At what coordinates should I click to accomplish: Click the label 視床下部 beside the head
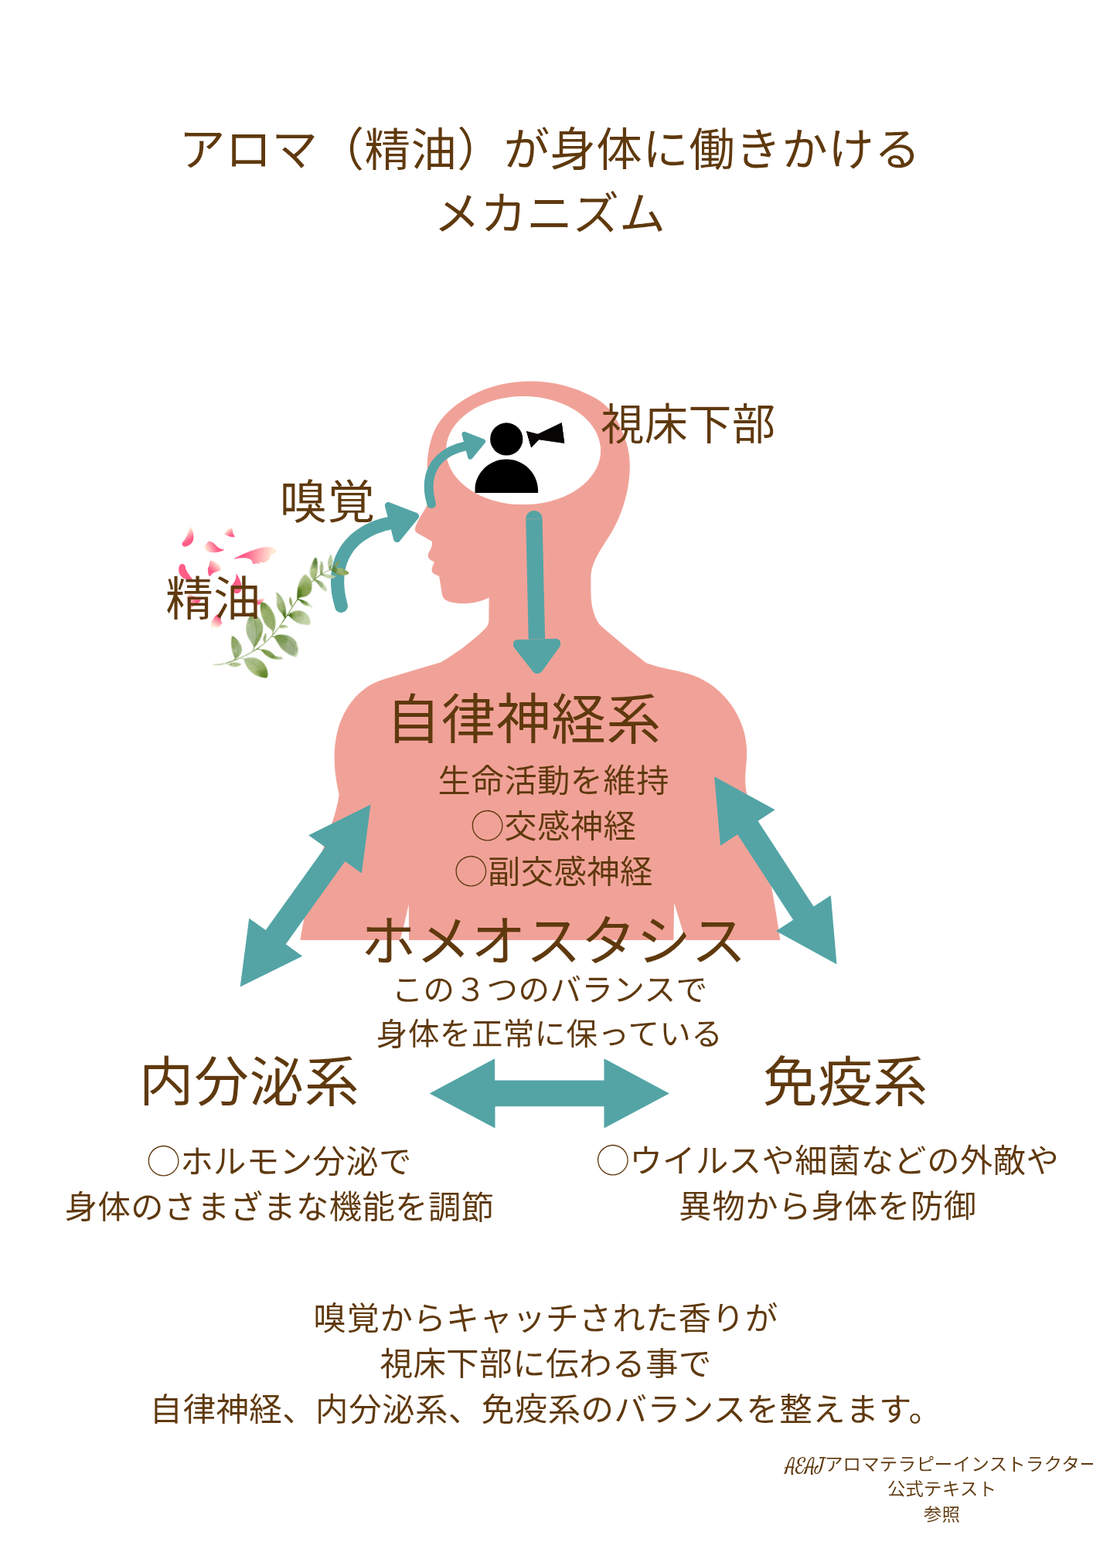tap(688, 425)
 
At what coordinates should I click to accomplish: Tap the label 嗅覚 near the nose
tap(328, 501)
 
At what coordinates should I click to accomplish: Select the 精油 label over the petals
tap(213, 598)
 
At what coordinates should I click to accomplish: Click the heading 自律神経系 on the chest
tap(526, 719)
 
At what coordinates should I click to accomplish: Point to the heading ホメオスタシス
tap(553, 940)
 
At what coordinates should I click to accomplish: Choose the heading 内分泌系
tap(250, 1082)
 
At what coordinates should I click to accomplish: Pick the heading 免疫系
tap(845, 1082)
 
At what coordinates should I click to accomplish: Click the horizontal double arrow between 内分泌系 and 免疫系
tap(549, 1093)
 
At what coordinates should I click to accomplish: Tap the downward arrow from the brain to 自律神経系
tap(536, 591)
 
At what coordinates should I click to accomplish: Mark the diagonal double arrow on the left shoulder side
tap(306, 895)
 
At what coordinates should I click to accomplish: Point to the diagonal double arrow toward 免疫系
tap(775, 870)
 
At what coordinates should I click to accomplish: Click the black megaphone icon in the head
tap(546, 436)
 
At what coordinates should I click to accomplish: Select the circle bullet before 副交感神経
tap(471, 871)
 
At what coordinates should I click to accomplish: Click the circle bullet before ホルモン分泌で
tap(164, 1161)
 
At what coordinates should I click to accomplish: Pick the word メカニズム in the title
tap(550, 213)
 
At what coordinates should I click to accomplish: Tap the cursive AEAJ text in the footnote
tap(805, 1465)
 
